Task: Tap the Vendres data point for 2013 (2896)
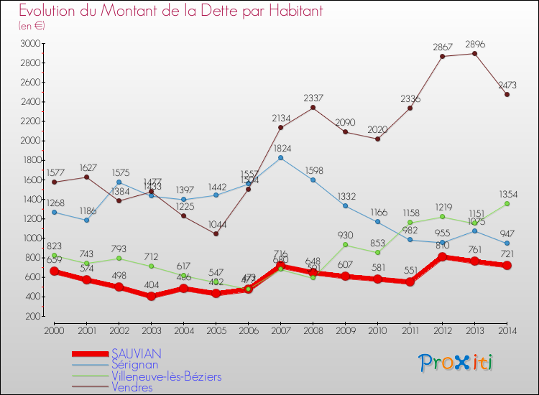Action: [474, 53]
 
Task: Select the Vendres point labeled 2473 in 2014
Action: [507, 94]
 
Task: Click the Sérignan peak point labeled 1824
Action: [280, 157]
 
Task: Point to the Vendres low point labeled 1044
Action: [216, 233]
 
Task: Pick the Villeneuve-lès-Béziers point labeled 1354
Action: [507, 203]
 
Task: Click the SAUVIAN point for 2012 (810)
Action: [442, 256]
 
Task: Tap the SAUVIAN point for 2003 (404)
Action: [151, 296]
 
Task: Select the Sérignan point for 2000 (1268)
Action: [54, 212]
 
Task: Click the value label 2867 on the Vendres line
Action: [442, 47]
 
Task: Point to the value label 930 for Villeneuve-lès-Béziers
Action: [345, 236]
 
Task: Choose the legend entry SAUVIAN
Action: [137, 353]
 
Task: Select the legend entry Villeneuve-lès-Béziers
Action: [166, 376]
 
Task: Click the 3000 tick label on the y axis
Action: [30, 43]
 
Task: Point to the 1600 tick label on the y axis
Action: [30, 180]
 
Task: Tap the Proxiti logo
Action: [456, 363]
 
